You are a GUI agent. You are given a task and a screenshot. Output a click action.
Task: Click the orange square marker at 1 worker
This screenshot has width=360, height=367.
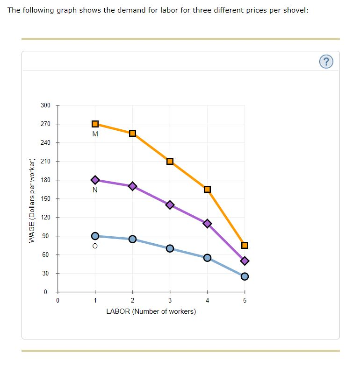[95, 124]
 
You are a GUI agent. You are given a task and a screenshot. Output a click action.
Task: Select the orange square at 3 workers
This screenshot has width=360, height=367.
[170, 161]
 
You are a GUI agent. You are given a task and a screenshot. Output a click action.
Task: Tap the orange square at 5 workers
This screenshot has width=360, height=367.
[245, 245]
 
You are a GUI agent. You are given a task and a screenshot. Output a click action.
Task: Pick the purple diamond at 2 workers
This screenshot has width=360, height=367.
[132, 186]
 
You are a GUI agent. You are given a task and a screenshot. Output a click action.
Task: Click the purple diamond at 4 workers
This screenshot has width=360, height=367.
[207, 223]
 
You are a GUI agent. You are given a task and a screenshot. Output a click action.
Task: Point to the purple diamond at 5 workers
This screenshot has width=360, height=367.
[245, 261]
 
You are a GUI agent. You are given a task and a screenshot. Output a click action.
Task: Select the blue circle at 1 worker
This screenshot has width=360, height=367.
[95, 236]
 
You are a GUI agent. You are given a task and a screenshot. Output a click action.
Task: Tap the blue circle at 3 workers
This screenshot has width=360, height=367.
[170, 248]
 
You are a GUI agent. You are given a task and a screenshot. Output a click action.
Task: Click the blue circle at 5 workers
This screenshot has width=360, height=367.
[245, 276]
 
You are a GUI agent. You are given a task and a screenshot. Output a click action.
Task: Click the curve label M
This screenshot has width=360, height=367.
[95, 134]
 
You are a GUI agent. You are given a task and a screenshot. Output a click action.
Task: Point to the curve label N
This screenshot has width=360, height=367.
[95, 190]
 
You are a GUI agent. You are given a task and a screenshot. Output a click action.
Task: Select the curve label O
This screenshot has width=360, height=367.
[95, 247]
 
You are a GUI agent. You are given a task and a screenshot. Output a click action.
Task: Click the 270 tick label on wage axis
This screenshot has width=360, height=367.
[45, 124]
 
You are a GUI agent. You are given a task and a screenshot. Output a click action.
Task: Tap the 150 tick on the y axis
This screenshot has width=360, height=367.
[45, 198]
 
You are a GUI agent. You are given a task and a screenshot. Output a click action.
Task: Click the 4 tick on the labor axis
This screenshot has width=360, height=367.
[207, 300]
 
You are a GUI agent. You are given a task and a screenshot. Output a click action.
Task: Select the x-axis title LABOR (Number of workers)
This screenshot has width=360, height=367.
[151, 311]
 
